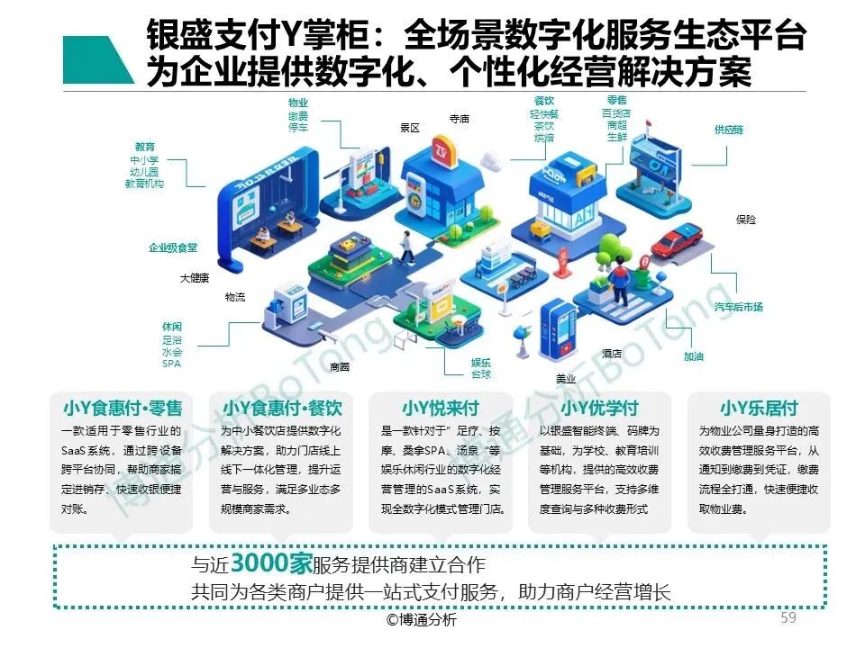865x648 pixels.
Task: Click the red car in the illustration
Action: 676,241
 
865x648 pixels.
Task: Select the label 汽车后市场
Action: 739,307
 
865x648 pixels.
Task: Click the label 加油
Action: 693,356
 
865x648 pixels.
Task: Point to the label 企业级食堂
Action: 173,247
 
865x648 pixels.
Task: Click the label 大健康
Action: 194,278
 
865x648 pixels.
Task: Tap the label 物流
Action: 234,297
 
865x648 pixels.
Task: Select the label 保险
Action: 746,220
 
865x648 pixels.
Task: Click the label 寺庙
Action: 460,119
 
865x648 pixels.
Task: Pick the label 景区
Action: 410,129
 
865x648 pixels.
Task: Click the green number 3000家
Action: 270,564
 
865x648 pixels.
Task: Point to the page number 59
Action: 788,618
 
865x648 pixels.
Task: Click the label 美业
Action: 566,378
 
